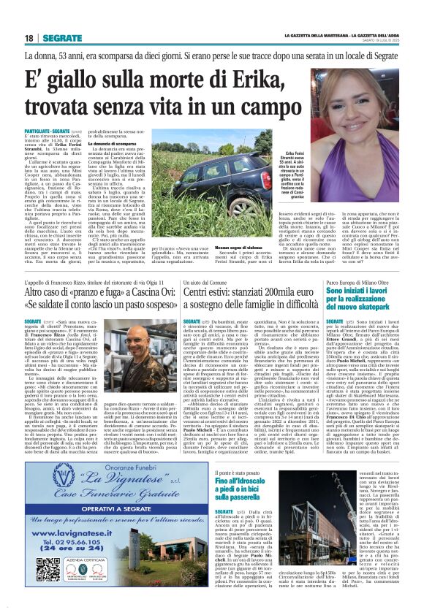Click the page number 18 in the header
coord(29,37)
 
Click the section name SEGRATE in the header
coord(61,37)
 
